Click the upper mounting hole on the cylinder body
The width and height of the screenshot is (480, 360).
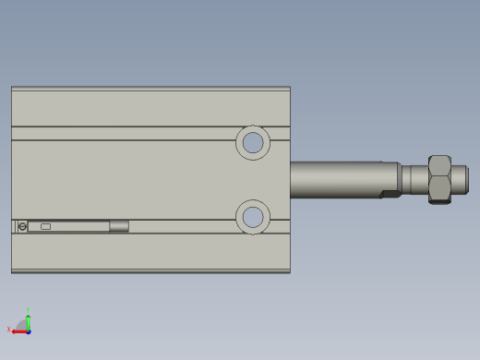click(x=252, y=143)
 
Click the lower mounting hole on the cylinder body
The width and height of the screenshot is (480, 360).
click(x=252, y=218)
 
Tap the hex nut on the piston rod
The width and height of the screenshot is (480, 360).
click(x=439, y=179)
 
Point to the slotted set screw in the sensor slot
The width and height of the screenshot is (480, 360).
click(x=22, y=226)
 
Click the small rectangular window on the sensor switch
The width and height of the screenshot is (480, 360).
click(x=45, y=226)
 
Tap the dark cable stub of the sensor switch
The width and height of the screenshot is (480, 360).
click(x=119, y=226)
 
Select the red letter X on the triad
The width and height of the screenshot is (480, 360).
click(x=8, y=329)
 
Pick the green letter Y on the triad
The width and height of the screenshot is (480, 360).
click(x=29, y=310)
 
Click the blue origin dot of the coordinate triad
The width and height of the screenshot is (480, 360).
click(x=29, y=330)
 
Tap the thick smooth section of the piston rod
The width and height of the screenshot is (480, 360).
click(x=336, y=179)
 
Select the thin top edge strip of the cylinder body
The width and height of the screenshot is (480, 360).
click(x=150, y=89)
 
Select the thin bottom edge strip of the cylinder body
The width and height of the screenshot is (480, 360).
click(x=150, y=270)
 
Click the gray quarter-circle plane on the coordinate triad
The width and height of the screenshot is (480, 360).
click(x=22, y=325)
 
